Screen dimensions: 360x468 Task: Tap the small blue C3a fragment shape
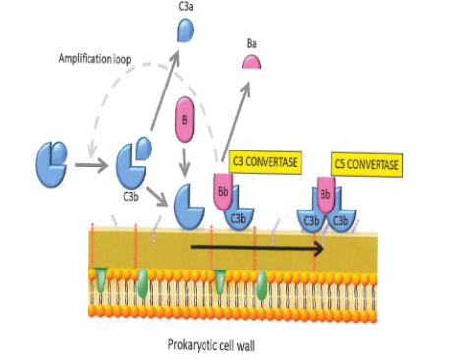[187, 32]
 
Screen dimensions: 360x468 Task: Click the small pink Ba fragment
[253, 64]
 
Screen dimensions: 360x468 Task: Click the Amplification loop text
[90, 61]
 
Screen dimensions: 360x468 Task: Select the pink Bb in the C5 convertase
[325, 191]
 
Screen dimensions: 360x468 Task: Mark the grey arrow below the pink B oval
[184, 157]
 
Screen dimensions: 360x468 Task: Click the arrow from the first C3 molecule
[91, 165]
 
